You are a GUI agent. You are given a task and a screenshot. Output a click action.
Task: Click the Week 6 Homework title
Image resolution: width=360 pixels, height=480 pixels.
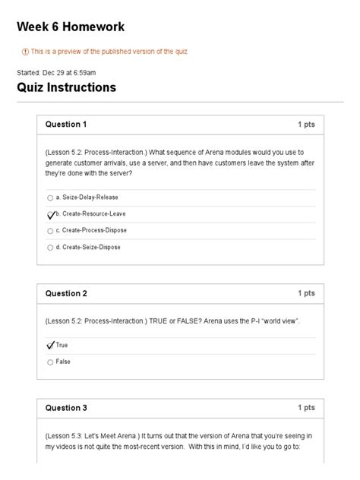point(71,27)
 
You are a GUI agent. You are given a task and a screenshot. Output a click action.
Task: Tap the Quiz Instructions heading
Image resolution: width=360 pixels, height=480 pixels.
point(67,87)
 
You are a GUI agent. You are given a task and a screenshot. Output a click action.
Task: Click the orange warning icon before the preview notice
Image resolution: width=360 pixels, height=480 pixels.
point(25,52)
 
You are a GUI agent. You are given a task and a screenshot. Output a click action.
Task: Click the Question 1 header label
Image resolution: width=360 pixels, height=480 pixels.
point(66,124)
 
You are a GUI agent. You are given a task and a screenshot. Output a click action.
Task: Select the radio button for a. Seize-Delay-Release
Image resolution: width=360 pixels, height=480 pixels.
point(50,197)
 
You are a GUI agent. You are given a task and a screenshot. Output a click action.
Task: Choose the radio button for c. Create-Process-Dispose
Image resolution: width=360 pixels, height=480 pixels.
point(50,231)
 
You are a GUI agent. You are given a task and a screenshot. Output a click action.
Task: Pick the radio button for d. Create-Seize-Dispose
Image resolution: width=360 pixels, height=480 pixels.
point(50,248)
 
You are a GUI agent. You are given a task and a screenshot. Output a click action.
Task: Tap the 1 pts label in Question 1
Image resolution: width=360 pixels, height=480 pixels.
point(306,124)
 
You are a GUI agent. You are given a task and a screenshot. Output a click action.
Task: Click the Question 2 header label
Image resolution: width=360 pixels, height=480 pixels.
point(66,293)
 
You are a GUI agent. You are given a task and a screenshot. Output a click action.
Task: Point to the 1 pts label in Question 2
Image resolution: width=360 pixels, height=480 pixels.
point(306,293)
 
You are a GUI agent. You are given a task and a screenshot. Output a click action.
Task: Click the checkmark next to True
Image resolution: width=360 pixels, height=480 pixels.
point(51,346)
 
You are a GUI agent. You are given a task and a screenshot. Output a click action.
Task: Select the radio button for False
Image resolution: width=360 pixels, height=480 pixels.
point(50,362)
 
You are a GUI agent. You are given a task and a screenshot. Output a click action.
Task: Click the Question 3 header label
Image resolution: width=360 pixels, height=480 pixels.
point(66,408)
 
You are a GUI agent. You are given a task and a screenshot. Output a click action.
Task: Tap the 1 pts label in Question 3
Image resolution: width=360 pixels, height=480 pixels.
point(306,408)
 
